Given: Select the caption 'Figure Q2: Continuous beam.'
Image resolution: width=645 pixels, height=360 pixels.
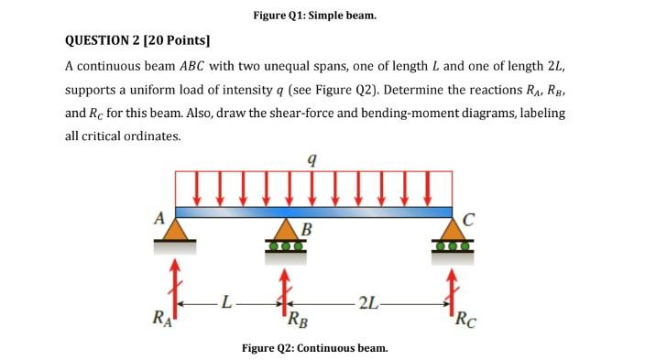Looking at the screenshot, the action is click(314, 348).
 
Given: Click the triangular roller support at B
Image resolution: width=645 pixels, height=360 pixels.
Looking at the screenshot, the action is click(285, 235).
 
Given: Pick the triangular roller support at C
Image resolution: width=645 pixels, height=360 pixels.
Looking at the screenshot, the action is click(453, 233).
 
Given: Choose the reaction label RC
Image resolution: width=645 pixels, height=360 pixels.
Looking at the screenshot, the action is click(465, 321).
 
